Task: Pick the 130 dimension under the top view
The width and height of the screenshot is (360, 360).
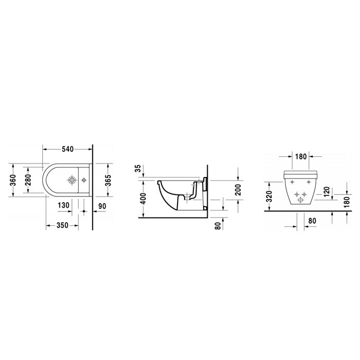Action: coord(64,206)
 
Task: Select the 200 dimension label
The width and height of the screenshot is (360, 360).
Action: coord(238,191)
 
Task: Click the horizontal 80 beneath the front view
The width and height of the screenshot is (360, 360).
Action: coord(311,222)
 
